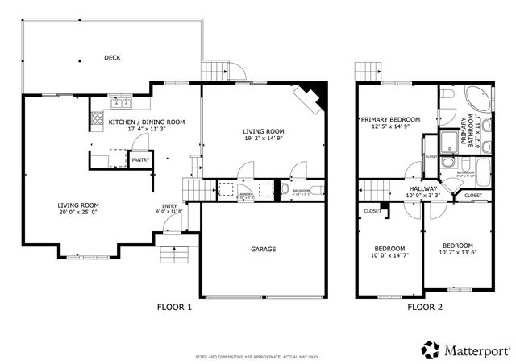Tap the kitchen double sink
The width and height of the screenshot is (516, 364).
coord(122,102)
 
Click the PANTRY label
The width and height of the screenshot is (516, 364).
coord(140,159)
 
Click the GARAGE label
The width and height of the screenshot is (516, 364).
coord(263,249)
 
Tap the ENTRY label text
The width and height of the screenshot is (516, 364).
coord(169,206)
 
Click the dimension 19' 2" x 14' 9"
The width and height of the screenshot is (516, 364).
coord(263,139)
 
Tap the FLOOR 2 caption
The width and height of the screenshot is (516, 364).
coord(424,307)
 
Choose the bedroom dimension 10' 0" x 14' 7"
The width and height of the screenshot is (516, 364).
coord(389,255)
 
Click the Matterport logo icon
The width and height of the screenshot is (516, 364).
coord(429,350)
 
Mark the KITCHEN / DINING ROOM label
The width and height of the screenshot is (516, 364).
coord(146,122)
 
